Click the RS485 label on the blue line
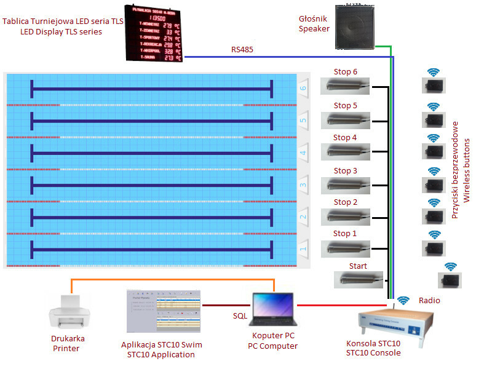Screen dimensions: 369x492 pos(242,49)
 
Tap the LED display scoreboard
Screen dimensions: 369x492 pos(154,33)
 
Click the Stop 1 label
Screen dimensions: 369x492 pos(345,234)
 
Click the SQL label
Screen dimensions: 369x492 pos(240,315)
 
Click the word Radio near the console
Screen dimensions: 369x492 pos(429,300)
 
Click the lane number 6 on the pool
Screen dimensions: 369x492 pos(303,88)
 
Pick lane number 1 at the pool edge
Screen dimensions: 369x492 pos(303,250)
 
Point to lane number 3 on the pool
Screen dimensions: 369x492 pos(303,184)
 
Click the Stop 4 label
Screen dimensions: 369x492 pos(345,138)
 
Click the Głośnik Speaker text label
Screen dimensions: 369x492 pos(314,23)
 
